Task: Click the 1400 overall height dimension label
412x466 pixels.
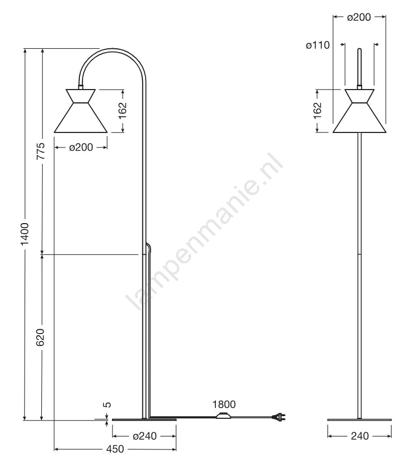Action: (x=25, y=234)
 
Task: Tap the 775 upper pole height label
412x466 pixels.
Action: (x=41, y=151)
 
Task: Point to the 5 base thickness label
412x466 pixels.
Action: (x=107, y=404)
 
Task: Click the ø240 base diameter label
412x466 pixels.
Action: (x=145, y=436)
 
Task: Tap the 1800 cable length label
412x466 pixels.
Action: (x=224, y=404)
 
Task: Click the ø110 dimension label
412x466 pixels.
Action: (x=318, y=45)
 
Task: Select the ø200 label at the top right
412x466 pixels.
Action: (x=359, y=17)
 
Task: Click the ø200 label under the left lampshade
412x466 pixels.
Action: (x=81, y=147)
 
